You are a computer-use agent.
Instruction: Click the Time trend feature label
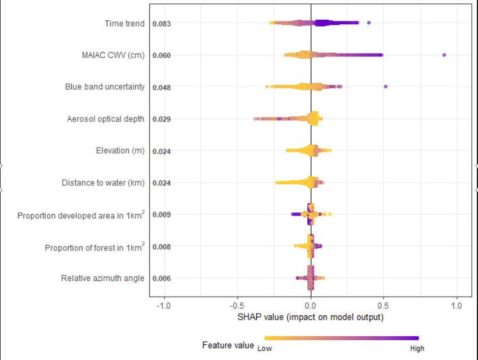(x=125, y=24)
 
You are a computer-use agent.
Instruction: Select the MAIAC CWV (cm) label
(x=113, y=55)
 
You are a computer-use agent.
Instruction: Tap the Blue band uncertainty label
(x=105, y=87)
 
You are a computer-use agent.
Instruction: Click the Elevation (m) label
(x=120, y=151)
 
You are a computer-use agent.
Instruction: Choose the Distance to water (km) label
(x=103, y=183)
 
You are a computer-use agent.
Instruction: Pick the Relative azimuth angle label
(x=102, y=278)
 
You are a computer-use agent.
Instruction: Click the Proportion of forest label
(x=94, y=247)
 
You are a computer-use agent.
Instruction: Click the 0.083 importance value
(x=162, y=24)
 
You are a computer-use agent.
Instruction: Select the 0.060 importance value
(x=162, y=55)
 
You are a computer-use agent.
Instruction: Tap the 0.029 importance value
(x=162, y=119)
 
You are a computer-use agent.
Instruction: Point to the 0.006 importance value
(x=162, y=278)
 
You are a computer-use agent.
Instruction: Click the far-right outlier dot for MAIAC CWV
(x=444, y=55)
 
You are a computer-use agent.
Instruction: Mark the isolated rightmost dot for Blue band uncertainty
(x=386, y=86)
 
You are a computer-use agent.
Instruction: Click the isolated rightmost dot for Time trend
(x=369, y=23)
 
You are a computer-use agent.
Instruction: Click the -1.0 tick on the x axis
(x=164, y=306)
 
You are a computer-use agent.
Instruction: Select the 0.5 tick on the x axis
(x=384, y=306)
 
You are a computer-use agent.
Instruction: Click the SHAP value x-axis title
(x=311, y=317)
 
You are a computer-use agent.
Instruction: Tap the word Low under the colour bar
(x=265, y=349)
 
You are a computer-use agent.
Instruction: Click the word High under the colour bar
(x=417, y=349)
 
